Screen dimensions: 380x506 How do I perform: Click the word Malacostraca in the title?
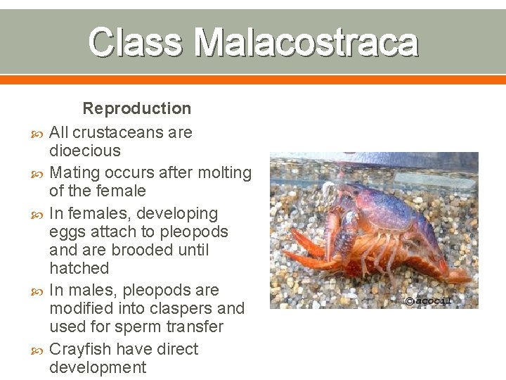pos(306,42)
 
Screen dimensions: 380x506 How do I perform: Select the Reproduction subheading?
pos(137,108)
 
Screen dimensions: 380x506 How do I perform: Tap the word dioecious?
pos(84,151)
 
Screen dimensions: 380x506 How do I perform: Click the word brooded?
pos(148,250)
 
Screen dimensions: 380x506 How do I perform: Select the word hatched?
pos(79,268)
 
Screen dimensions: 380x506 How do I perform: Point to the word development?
pos(98,367)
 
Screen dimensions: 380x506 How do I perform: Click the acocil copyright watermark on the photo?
pos(428,300)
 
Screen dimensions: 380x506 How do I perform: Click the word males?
pos(88,290)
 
